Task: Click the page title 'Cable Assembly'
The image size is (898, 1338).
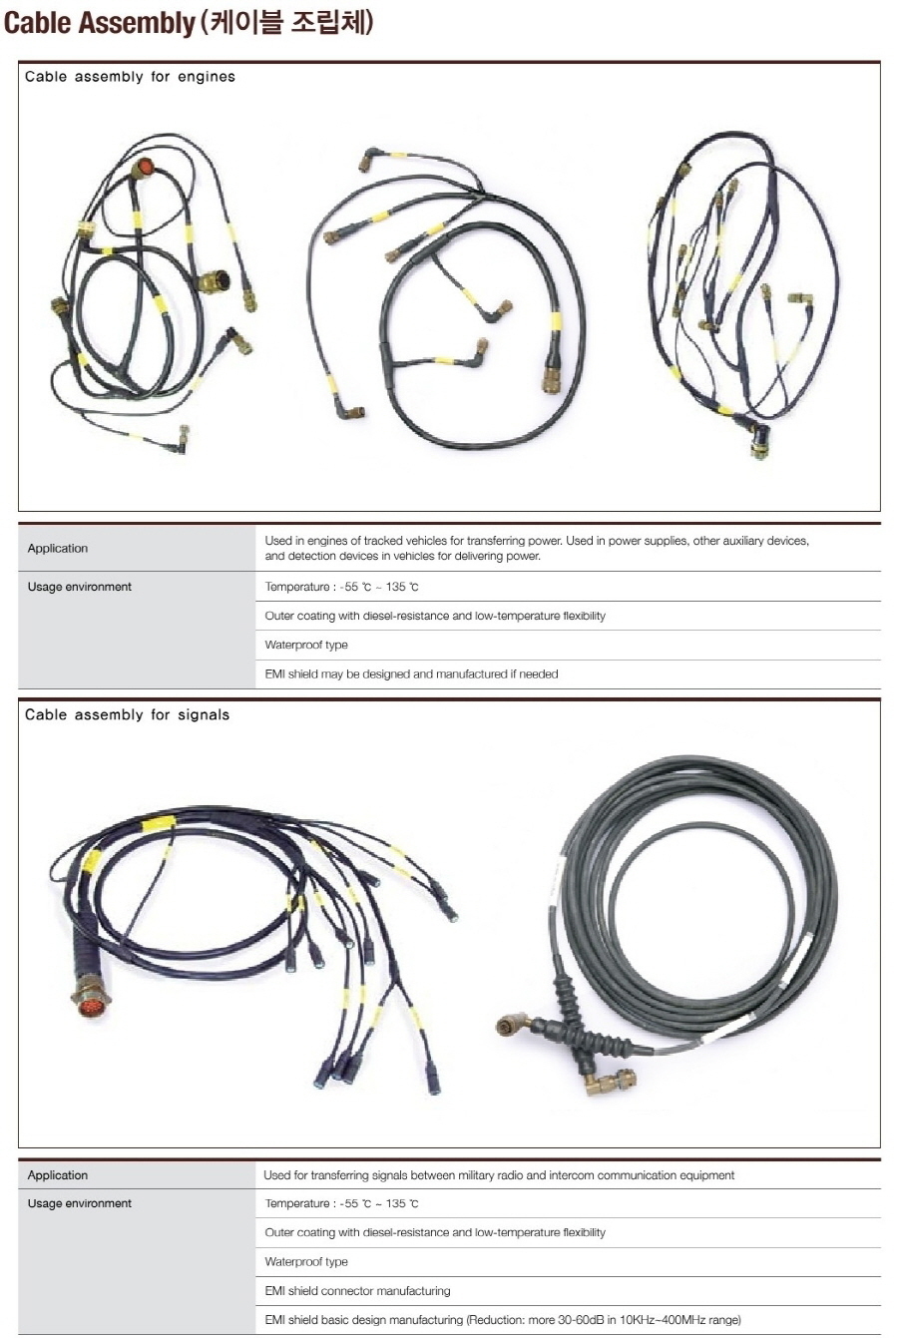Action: coord(99,23)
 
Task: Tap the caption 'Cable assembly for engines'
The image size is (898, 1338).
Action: coord(131,77)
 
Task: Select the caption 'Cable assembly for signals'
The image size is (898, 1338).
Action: coord(128,714)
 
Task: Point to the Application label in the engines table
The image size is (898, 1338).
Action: coord(57,548)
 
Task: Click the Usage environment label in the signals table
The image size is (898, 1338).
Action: coord(80,1203)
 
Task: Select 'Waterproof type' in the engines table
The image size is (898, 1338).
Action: coord(306,645)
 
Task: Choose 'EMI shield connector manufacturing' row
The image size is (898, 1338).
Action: coord(357,1291)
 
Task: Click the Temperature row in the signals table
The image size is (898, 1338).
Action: coord(342,1203)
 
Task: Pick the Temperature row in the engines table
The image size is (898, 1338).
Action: coord(342,587)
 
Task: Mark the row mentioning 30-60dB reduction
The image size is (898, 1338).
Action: coord(503,1319)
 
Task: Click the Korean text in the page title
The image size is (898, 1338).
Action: coord(286,23)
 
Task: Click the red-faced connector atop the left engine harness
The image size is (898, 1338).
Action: coord(144,168)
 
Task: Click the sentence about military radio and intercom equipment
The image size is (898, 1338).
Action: coord(499,1175)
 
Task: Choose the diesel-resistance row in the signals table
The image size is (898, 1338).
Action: coord(435,1232)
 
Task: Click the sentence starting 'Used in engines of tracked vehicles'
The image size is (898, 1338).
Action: coord(537,548)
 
